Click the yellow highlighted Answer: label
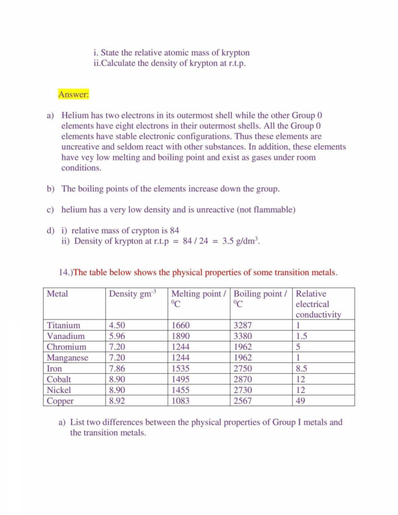tap(74, 95)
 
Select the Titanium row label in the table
tap(63, 325)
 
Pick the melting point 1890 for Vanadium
tap(180, 336)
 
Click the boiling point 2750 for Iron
tap(243, 368)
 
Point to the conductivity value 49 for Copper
tap(300, 401)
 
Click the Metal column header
tap(57, 294)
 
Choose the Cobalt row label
tap(59, 379)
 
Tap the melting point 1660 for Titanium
tap(180, 325)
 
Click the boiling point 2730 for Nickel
tap(243, 390)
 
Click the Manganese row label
tap(67, 358)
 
